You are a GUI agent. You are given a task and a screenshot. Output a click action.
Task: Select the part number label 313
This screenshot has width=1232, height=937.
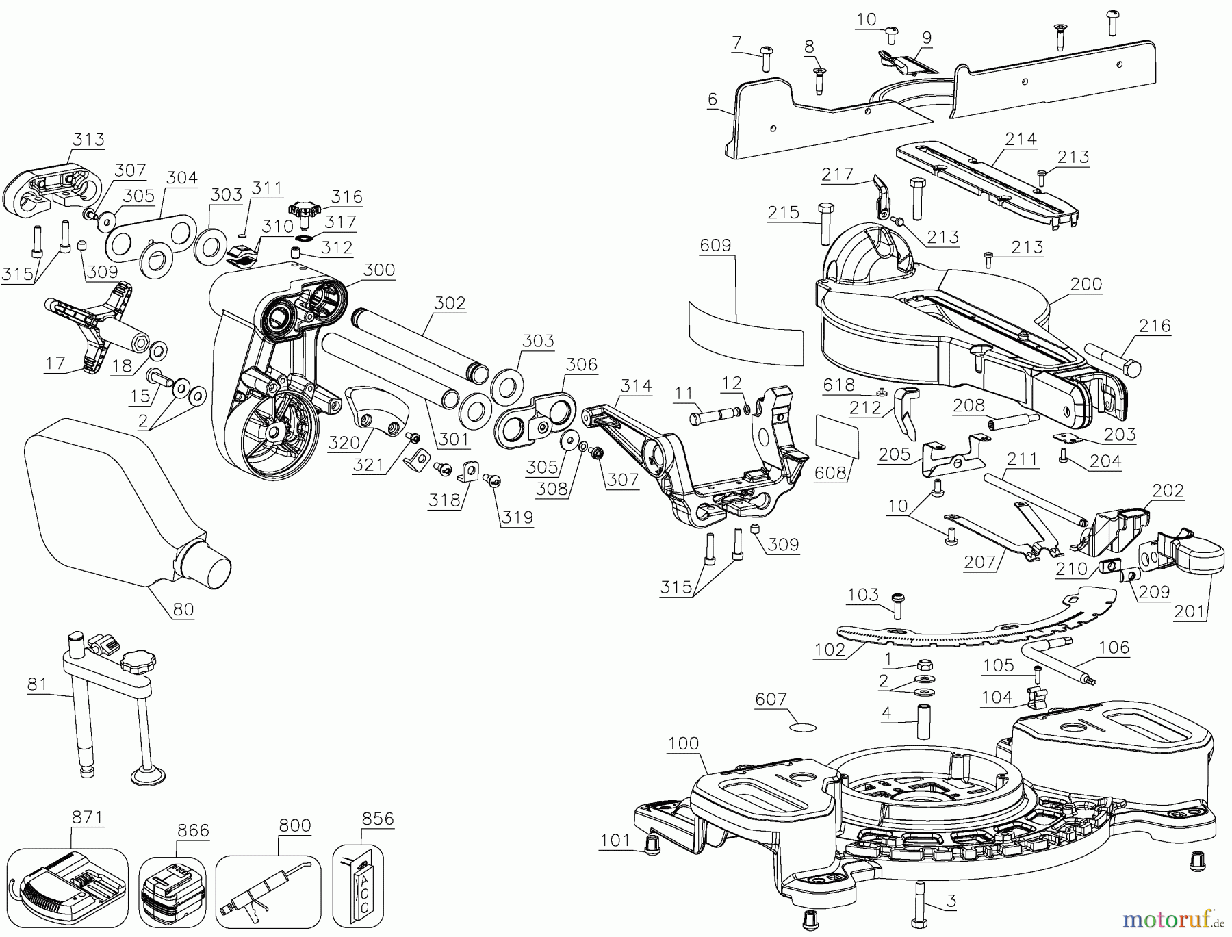coord(89,140)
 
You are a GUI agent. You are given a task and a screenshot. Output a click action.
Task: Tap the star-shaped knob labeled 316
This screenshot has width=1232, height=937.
coord(304,209)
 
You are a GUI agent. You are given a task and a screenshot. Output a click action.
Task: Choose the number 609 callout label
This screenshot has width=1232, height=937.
coord(715,245)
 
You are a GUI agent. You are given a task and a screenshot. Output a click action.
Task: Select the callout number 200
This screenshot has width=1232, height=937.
coord(1086,284)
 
